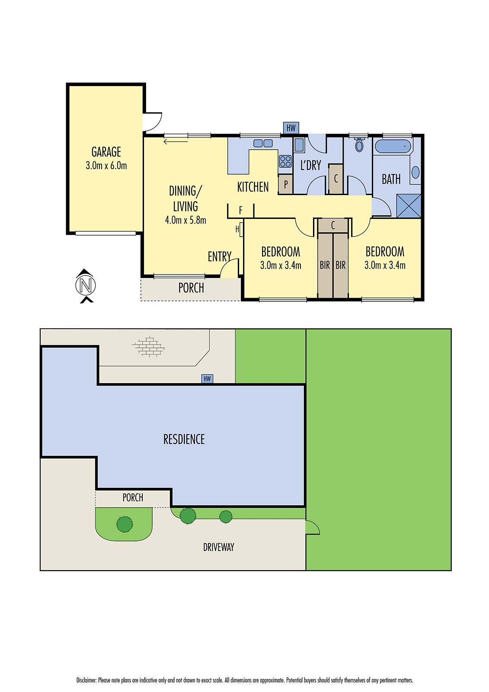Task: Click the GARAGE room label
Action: tap(106, 152)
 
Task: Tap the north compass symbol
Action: tap(85, 285)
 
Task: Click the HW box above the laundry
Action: tap(291, 128)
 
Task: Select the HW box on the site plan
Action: tap(207, 379)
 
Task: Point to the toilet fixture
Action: tap(359, 145)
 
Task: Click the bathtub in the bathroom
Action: tap(393, 146)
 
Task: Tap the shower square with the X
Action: tap(409, 206)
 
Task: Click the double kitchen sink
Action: tap(263, 143)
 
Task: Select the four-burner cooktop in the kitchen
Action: tap(285, 161)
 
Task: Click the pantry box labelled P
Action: tap(286, 184)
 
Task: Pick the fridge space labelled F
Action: tap(241, 211)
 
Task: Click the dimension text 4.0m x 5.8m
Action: tap(185, 220)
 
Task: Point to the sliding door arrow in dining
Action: tap(176, 141)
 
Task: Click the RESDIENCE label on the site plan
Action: tap(184, 439)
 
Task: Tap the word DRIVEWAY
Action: tap(218, 547)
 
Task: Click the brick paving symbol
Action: tap(149, 346)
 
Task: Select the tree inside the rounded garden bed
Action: tap(125, 524)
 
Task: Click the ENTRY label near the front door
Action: tap(219, 256)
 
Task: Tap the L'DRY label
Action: tap(310, 165)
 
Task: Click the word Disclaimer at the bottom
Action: tap(86, 680)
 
